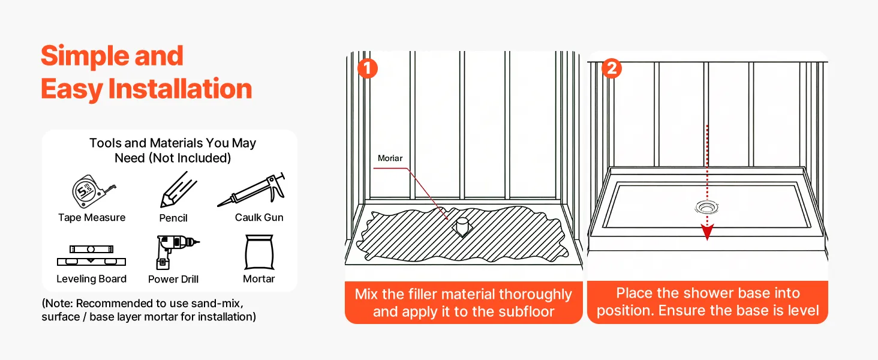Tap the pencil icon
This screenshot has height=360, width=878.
click(x=178, y=190)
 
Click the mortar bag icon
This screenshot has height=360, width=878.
click(x=259, y=253)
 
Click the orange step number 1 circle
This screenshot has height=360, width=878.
click(x=367, y=68)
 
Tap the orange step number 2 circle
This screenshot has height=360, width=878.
click(x=611, y=68)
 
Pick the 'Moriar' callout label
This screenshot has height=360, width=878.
click(x=390, y=158)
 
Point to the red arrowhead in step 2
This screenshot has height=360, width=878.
click(x=708, y=233)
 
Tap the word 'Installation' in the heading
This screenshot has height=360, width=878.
click(x=180, y=89)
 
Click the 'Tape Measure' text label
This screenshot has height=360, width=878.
click(x=92, y=218)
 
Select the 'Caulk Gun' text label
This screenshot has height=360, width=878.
click(x=259, y=217)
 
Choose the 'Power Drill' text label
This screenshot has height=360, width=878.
click(x=173, y=279)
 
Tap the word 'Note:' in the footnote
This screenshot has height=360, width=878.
click(x=60, y=303)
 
